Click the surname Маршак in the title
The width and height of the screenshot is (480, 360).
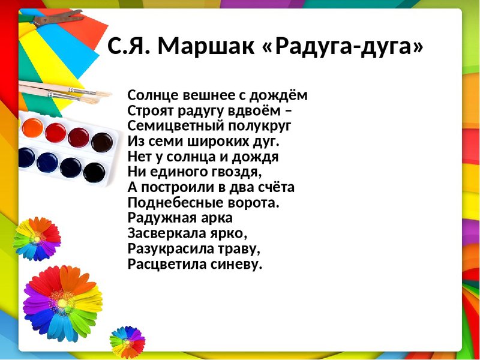point(206,46)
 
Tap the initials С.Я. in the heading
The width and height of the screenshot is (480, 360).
point(129,46)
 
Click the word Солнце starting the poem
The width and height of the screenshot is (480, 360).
point(153,95)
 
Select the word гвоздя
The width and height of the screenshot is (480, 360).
point(236,172)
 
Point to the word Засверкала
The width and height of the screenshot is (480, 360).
point(166,233)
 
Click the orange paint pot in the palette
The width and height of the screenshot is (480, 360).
point(32,128)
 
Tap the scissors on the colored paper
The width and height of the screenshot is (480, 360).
point(52,18)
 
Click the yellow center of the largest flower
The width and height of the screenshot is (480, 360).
point(62,303)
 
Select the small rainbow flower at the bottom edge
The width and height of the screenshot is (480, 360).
point(127,341)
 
